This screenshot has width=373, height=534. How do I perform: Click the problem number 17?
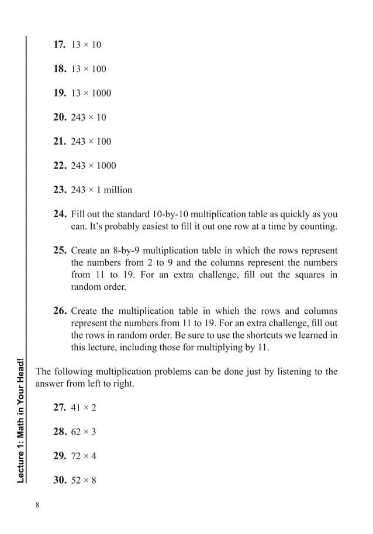pyautogui.click(x=60, y=44)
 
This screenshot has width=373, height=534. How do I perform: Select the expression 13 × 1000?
pyautogui.click(x=91, y=93)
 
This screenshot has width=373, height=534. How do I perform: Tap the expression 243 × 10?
pyautogui.click(x=88, y=118)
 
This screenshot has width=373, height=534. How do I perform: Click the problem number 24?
pyautogui.click(x=60, y=214)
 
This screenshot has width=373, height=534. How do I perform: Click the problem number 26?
pyautogui.click(x=60, y=311)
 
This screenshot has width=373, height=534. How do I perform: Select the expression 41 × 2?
pyautogui.click(x=84, y=408)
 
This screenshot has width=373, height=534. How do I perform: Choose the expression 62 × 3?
pyautogui.click(x=84, y=432)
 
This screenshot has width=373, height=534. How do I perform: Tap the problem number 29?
pyautogui.click(x=60, y=456)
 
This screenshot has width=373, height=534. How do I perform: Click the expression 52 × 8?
pyautogui.click(x=84, y=480)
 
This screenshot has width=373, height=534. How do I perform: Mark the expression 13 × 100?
pyautogui.click(x=88, y=69)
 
